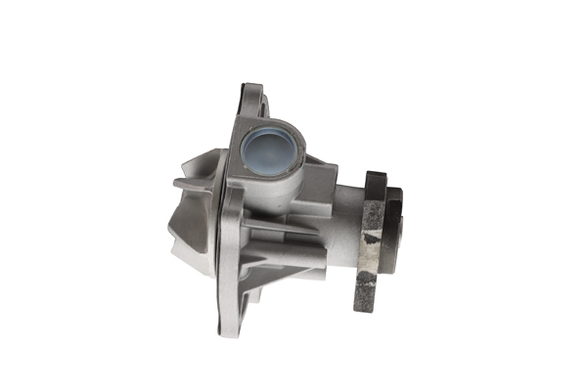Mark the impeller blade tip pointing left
point(177,183)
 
